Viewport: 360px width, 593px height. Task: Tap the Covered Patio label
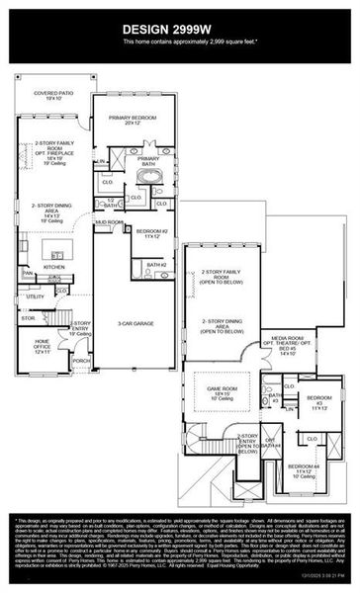click(54, 96)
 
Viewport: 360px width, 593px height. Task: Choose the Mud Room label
click(109, 223)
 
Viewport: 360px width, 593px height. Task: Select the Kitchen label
click(53, 267)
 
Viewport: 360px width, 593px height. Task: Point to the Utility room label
click(36, 296)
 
